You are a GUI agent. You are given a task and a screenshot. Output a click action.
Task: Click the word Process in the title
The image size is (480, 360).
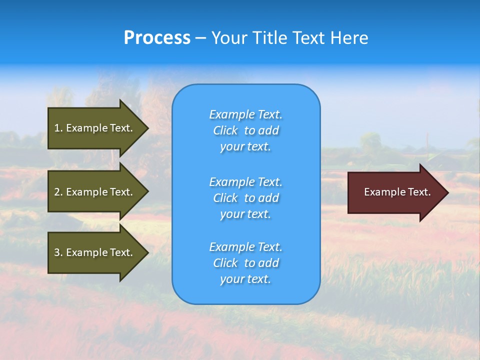157,38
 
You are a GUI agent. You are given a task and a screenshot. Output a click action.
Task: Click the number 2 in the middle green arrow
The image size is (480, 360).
57,192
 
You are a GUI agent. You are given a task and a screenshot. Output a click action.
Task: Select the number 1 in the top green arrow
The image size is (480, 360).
57,128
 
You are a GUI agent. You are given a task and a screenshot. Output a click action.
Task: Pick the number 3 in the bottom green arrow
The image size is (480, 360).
57,252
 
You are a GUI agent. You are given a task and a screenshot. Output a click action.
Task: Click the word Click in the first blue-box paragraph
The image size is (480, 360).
225,131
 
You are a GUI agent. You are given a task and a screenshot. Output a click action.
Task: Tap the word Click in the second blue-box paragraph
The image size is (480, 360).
225,198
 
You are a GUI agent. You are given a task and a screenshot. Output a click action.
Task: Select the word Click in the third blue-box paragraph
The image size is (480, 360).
225,263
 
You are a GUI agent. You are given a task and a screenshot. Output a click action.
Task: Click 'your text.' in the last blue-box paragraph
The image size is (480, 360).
245,279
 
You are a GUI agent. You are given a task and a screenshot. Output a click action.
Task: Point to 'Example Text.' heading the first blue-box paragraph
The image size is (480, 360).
245,114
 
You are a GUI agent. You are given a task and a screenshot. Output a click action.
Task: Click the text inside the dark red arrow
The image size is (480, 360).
397,192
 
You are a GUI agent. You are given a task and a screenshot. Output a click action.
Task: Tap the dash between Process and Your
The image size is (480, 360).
201,38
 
